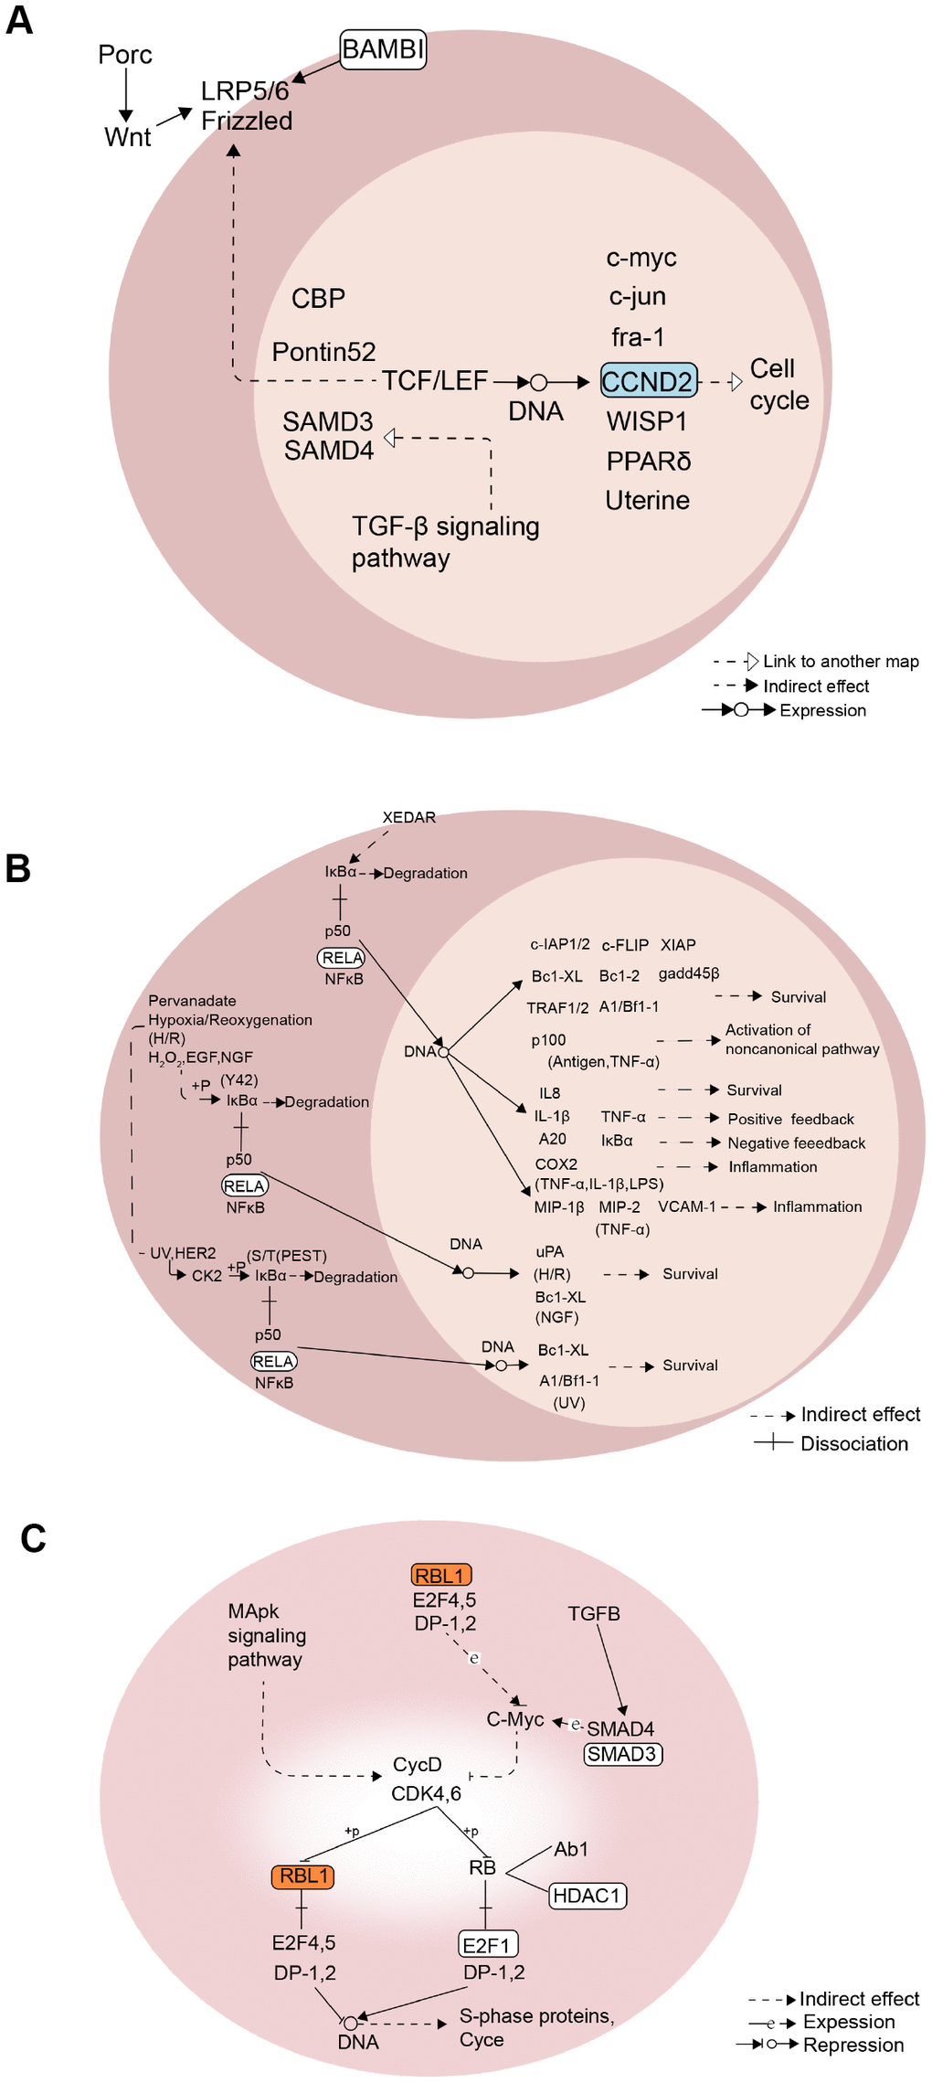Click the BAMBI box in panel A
[383, 48]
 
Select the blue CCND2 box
[648, 380]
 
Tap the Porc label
[125, 55]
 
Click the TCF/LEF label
[434, 380]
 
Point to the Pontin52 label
[323, 352]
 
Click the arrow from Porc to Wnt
[125, 96]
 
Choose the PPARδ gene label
[649, 461]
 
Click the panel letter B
[18, 868]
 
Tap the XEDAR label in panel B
[408, 817]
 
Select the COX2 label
[556, 1164]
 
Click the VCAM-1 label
[687, 1206]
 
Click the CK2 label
[207, 1276]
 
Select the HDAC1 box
[588, 1896]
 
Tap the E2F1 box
[487, 1945]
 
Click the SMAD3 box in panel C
[623, 1754]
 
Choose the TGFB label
[594, 1614]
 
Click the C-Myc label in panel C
[515, 1719]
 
